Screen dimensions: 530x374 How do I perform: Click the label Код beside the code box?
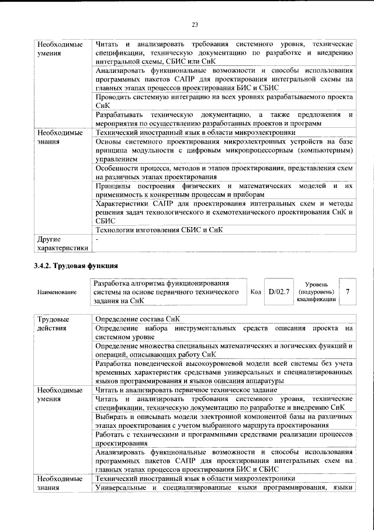point(255,291)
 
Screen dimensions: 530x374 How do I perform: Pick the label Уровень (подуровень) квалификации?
point(316,291)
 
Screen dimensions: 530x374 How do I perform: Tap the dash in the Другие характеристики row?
point(98,239)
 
